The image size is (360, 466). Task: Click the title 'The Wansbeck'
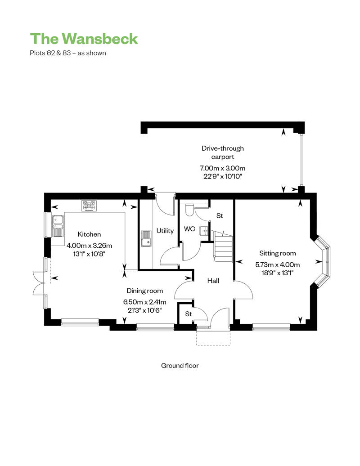(x=84, y=39)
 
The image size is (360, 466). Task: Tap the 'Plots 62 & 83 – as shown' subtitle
(x=68, y=53)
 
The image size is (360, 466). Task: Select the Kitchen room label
(x=89, y=234)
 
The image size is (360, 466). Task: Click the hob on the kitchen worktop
(x=90, y=206)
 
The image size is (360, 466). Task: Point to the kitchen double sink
(x=58, y=226)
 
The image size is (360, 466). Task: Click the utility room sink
(x=146, y=239)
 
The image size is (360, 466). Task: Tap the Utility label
(x=165, y=231)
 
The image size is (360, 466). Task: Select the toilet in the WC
(x=189, y=210)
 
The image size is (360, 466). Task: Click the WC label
(x=189, y=229)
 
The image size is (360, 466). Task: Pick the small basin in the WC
(x=204, y=231)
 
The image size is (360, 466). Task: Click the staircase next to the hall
(x=222, y=246)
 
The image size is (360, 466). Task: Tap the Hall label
(x=213, y=281)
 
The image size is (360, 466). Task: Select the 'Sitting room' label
(x=278, y=253)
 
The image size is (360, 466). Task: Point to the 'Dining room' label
(x=145, y=291)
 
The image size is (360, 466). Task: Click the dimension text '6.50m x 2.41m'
(x=145, y=302)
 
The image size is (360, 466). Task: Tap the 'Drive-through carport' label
(x=223, y=152)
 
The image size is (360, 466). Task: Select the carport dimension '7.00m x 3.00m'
(x=223, y=168)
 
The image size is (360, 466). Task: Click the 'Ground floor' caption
(x=180, y=366)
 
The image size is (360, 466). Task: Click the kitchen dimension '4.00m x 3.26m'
(x=89, y=246)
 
